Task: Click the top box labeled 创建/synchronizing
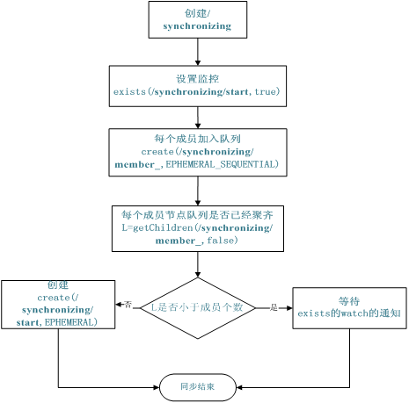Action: pyautogui.click(x=197, y=19)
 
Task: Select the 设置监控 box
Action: pyautogui.click(x=197, y=85)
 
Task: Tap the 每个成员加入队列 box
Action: pyautogui.click(x=197, y=152)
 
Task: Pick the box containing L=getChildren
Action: pyautogui.click(x=197, y=228)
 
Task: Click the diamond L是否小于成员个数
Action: pyautogui.click(x=197, y=308)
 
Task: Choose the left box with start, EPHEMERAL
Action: pyautogui.click(x=58, y=305)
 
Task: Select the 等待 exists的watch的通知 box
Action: pyautogui.click(x=349, y=306)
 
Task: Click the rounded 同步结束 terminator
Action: pyautogui.click(x=197, y=386)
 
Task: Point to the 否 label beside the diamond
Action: pyautogui.click(x=128, y=305)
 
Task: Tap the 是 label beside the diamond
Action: pyautogui.click(x=273, y=308)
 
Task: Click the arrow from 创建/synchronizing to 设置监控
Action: pyautogui.click(x=197, y=52)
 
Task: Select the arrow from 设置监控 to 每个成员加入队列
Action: pyautogui.click(x=197, y=118)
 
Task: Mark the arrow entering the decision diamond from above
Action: pyautogui.click(x=197, y=265)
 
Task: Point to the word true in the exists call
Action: pyautogui.click(x=267, y=91)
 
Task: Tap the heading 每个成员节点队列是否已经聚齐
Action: pyautogui.click(x=197, y=215)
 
